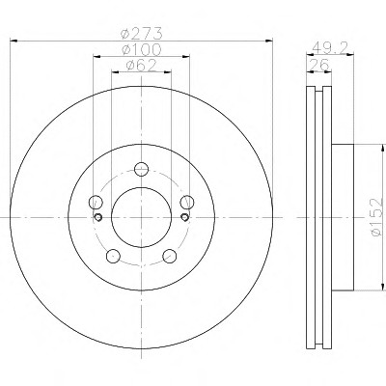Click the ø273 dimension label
pyautogui.click(x=142, y=33)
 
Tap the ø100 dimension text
pyautogui.click(x=142, y=49)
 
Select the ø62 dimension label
pyautogui.click(x=142, y=66)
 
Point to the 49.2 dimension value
pyautogui.click(x=330, y=48)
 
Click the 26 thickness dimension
pyautogui.click(x=319, y=65)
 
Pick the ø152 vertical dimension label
pyautogui.click(x=377, y=217)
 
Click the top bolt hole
pyautogui.click(x=141, y=169)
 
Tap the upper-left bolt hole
pyautogui.click(x=96, y=202)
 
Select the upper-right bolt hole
pyautogui.click(x=187, y=202)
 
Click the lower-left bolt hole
pyautogui.click(x=113, y=256)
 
